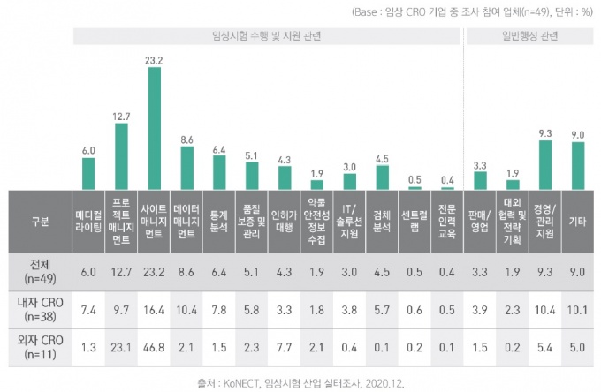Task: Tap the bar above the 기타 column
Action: click(x=578, y=166)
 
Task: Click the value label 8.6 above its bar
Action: click(x=186, y=139)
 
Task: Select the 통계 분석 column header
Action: click(x=219, y=221)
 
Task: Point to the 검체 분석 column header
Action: click(x=382, y=221)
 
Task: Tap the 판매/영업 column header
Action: click(x=480, y=221)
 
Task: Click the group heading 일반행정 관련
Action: click(x=529, y=37)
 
